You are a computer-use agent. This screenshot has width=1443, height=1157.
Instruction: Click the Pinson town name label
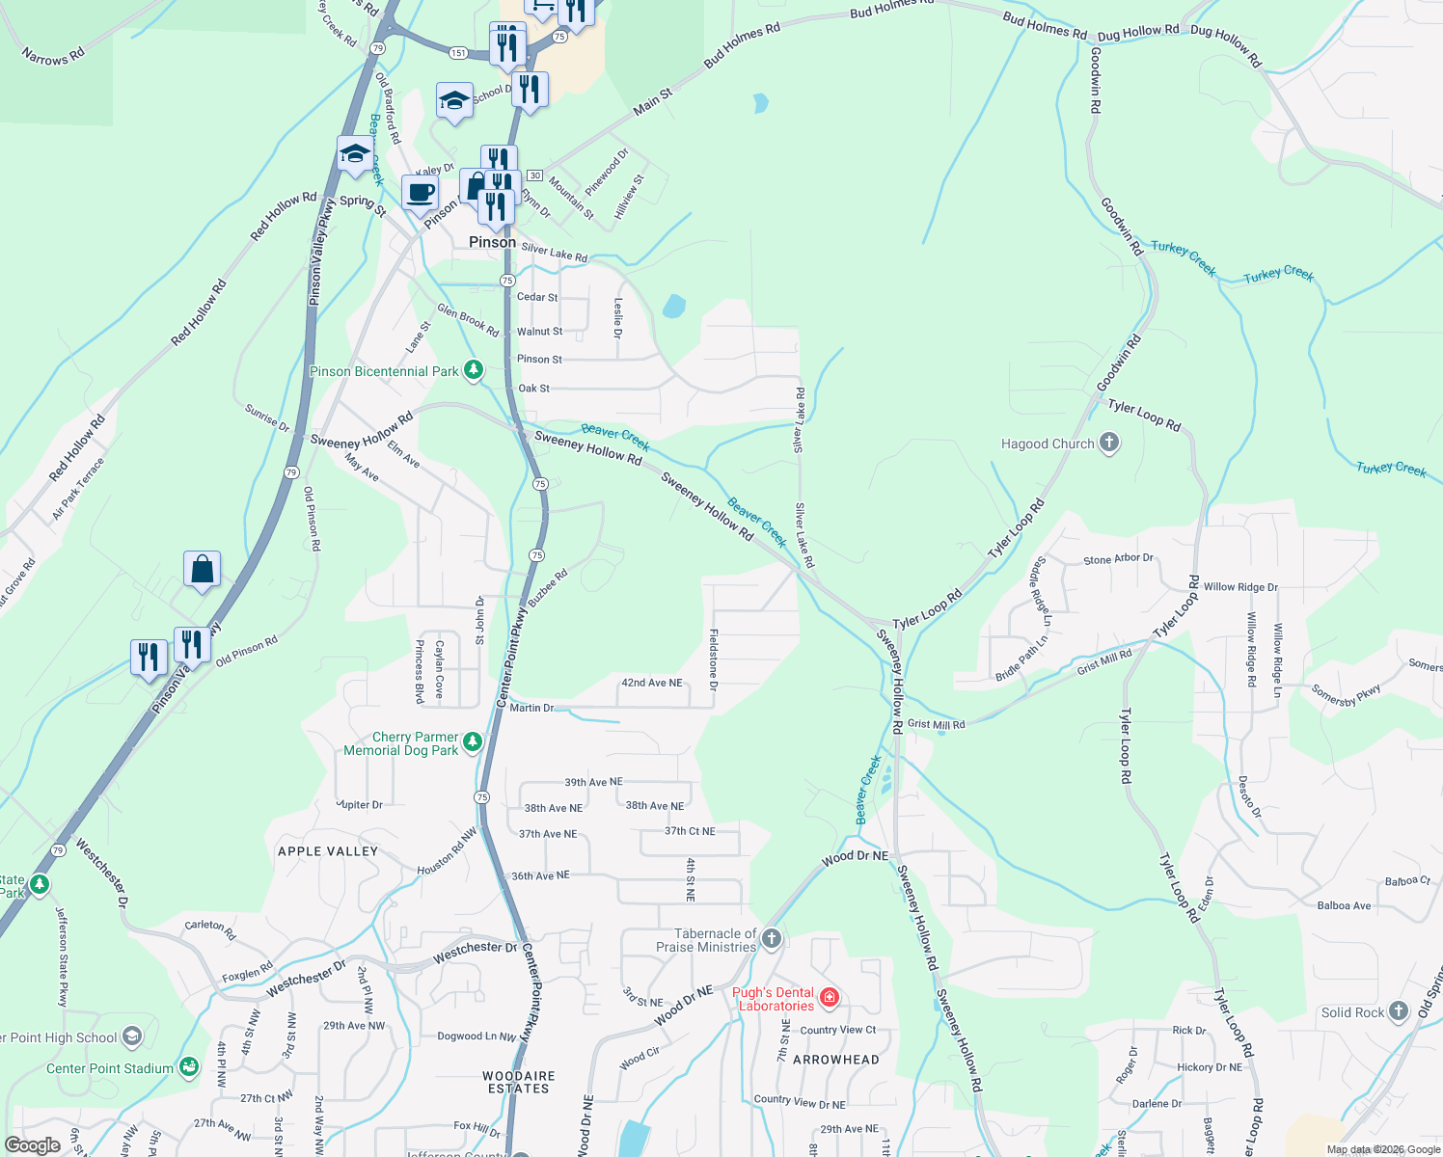[492, 242]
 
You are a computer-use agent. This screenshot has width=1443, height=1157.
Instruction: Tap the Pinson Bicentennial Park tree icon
[473, 370]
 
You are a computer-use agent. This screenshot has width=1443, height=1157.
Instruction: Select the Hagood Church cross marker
[1109, 443]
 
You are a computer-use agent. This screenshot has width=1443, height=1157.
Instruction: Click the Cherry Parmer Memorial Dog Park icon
[472, 741]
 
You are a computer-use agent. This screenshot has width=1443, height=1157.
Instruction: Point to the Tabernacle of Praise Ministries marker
[771, 938]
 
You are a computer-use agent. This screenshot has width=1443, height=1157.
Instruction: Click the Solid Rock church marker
[1399, 1011]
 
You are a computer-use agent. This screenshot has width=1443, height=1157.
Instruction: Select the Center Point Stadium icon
[189, 1066]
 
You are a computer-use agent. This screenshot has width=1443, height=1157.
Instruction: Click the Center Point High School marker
[132, 1036]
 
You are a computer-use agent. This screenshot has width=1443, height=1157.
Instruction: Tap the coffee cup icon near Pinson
[420, 192]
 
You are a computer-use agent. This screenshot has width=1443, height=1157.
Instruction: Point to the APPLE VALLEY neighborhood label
[328, 851]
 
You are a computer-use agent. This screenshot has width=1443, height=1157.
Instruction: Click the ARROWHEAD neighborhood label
[836, 1060]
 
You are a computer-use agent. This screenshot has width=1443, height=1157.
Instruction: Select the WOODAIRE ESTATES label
[519, 1082]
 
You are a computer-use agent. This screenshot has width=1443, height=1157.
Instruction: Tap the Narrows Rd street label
[53, 56]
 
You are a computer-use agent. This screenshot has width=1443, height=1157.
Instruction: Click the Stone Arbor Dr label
[1118, 559]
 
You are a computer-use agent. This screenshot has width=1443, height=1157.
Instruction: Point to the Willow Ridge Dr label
[1240, 586]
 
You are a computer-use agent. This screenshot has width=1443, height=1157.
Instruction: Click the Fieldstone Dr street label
[714, 659]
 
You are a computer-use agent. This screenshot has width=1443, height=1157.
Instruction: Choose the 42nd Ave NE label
[651, 683]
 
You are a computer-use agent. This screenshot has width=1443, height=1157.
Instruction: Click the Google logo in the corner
[32, 1145]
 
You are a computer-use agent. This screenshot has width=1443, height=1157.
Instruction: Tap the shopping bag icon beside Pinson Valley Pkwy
[202, 569]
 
